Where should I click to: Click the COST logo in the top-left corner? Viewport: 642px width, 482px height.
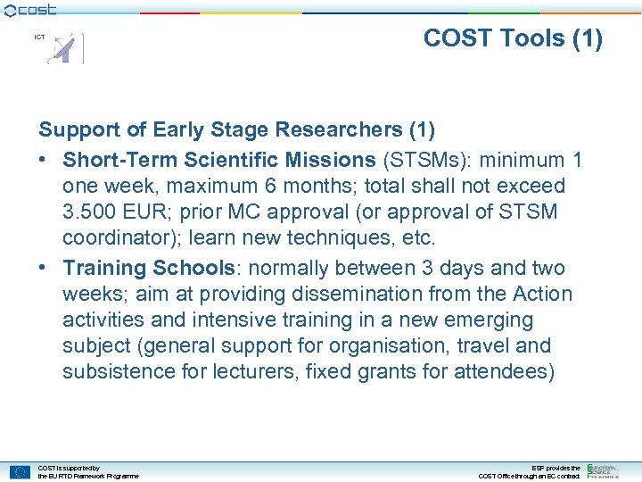29,9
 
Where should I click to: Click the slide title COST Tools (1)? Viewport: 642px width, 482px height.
513,38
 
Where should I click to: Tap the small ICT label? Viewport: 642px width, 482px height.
39,37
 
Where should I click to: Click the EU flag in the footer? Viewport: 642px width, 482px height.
20,472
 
